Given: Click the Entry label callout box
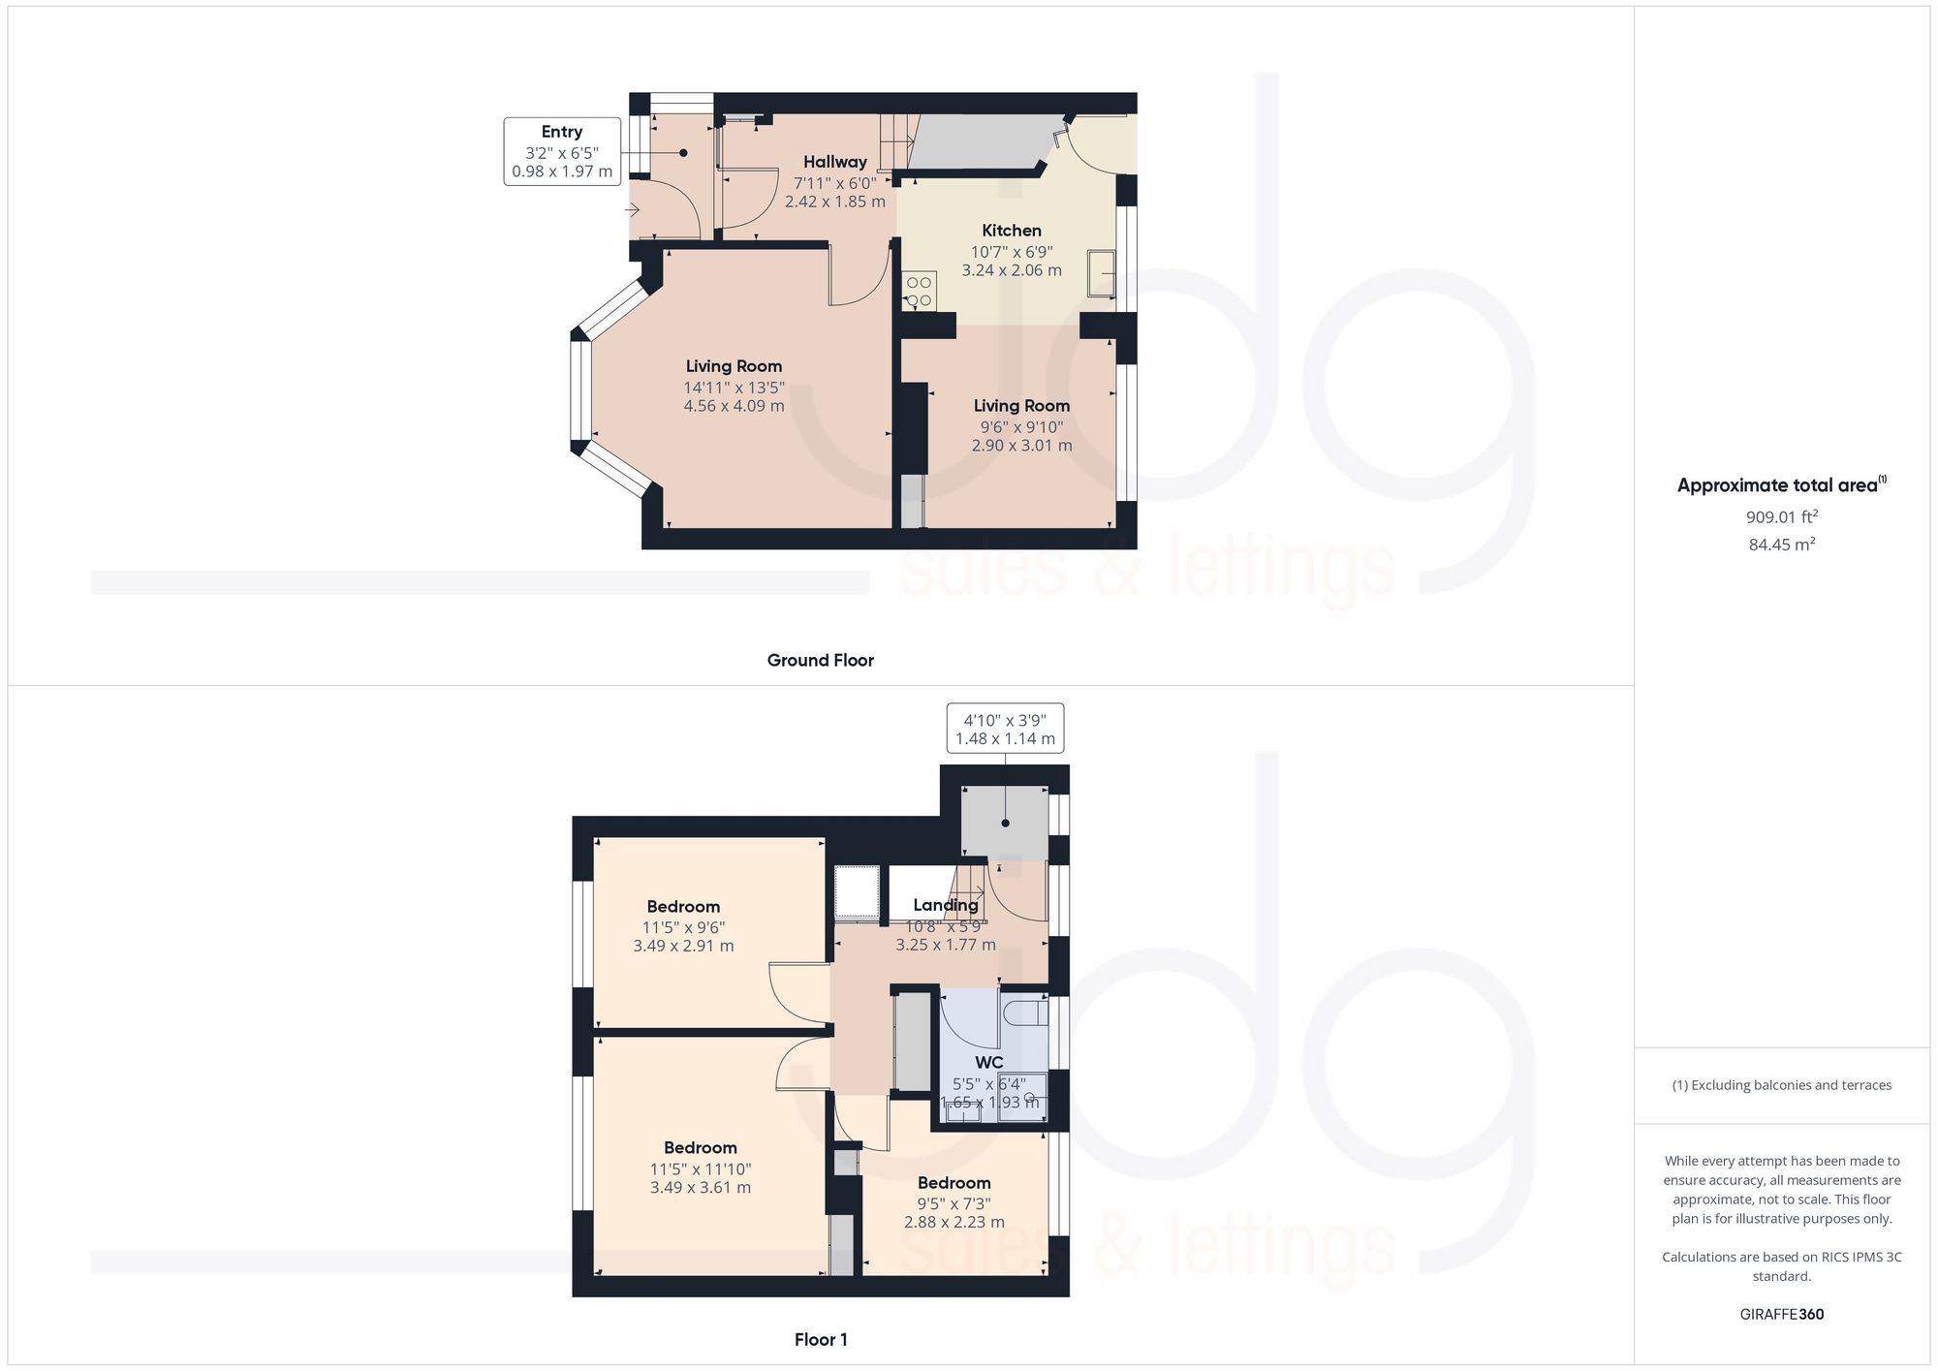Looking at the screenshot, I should [x=562, y=151].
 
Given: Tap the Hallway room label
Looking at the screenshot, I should [x=834, y=162].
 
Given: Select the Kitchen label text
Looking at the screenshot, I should [x=1012, y=231].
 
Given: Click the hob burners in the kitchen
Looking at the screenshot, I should [x=918, y=292].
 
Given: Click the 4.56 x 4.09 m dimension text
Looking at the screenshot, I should [x=734, y=406].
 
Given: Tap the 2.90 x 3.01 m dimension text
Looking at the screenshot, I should [x=1021, y=446].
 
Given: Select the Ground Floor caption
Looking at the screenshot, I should [x=820, y=661].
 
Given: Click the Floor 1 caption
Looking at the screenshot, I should [x=821, y=1340].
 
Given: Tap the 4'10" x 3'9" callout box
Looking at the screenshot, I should [x=1005, y=729].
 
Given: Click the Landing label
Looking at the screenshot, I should [x=945, y=905].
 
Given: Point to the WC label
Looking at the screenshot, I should [x=988, y=1062].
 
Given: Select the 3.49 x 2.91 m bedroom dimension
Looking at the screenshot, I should [x=683, y=946].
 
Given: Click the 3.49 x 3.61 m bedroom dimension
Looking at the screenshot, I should [x=700, y=1187].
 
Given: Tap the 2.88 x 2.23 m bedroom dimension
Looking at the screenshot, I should [x=953, y=1222].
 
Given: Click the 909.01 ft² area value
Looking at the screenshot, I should [x=1781, y=517].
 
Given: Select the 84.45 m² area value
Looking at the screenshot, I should [x=1781, y=545].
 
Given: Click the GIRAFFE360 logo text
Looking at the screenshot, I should [x=1781, y=1315].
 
